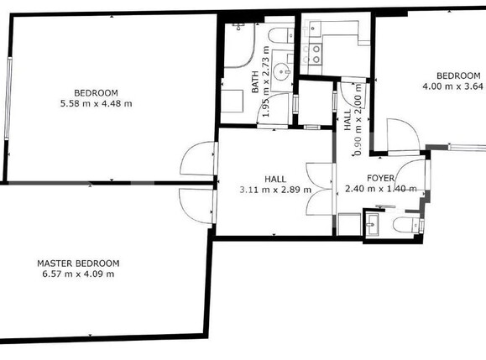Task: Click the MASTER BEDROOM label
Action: [78, 263]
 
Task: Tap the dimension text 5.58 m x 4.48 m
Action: [96, 103]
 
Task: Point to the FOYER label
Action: [380, 179]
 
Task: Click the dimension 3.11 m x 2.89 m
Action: [275, 190]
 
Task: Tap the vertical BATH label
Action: [256, 81]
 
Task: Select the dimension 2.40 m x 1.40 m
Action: [380, 190]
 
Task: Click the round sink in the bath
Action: [280, 70]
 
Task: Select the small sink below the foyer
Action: [373, 225]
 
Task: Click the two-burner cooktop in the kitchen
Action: [317, 55]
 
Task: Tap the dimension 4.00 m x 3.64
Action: [453, 85]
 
